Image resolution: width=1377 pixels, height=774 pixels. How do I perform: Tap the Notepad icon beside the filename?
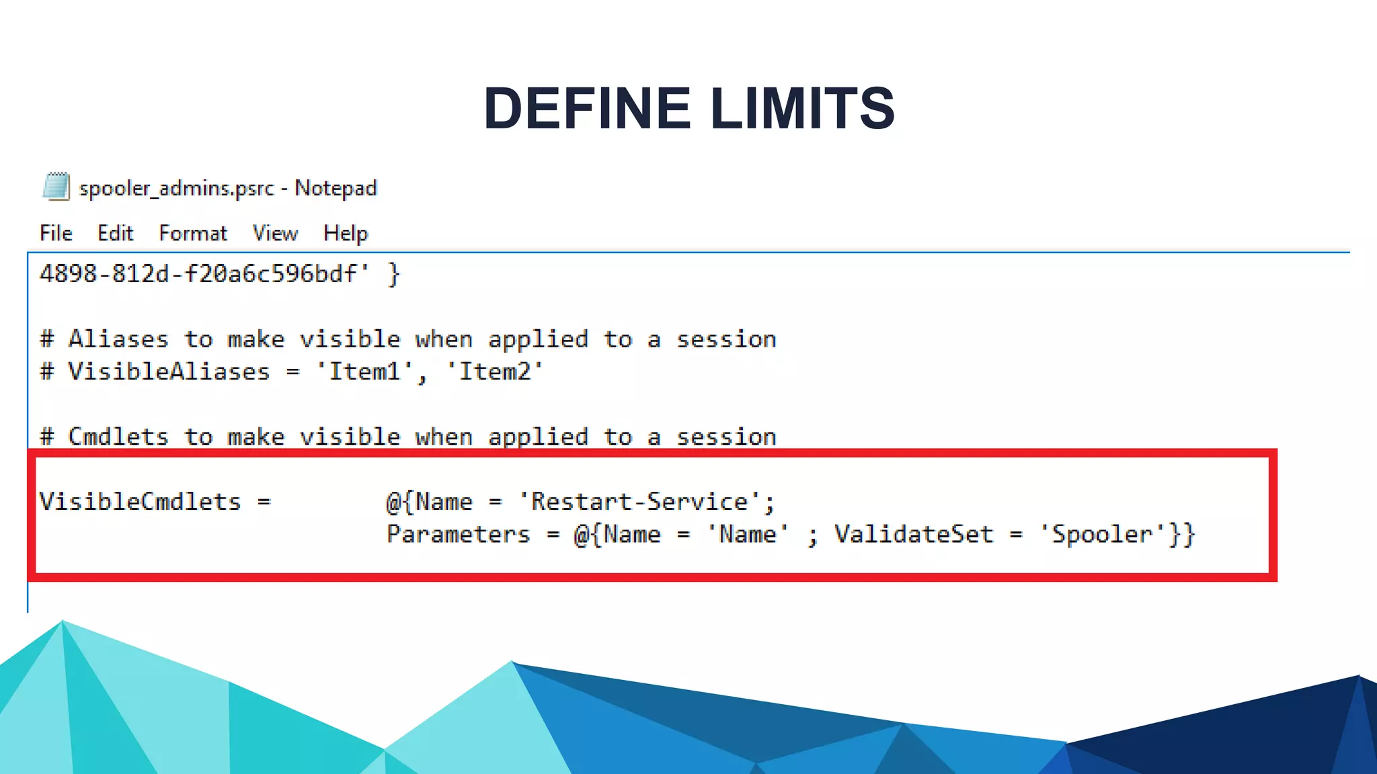point(56,187)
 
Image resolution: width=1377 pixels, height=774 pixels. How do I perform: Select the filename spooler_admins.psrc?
point(177,188)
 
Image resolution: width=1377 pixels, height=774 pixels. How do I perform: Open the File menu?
point(56,233)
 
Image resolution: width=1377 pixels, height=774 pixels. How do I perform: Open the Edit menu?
point(115,233)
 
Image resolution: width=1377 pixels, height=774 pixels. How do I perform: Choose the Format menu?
point(193,233)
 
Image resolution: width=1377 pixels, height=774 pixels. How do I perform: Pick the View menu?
point(275,233)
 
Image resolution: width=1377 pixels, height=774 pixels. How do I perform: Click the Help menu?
point(346,233)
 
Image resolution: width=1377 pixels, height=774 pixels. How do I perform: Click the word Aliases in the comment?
point(118,339)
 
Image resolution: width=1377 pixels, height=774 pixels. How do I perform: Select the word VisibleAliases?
point(169,372)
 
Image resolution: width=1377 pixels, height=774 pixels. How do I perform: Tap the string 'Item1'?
point(364,372)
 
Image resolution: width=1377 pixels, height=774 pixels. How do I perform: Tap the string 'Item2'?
point(495,372)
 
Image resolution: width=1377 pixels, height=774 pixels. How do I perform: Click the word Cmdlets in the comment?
point(118,437)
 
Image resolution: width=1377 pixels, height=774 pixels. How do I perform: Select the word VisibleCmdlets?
point(140,502)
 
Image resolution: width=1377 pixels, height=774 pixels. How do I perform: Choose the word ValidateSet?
point(914,535)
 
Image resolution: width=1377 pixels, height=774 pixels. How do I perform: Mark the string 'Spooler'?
point(1102,535)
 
